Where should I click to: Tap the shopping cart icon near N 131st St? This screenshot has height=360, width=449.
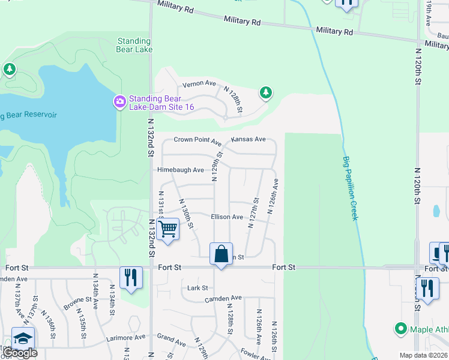168,229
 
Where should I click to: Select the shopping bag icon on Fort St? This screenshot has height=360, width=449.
221,254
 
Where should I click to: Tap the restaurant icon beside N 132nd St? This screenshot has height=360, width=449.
131,277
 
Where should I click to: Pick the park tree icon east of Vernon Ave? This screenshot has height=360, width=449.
265,92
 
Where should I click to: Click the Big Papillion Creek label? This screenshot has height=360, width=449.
351,188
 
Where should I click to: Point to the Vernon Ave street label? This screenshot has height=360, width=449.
199,83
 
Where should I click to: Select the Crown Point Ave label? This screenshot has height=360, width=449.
197,140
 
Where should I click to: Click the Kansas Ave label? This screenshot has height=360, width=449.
248,139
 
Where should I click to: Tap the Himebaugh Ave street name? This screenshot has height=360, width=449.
181,170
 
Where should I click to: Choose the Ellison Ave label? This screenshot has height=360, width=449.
226,217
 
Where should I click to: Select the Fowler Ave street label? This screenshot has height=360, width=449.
255,353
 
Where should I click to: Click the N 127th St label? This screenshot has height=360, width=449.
254,214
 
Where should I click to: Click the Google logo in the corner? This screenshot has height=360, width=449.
19,353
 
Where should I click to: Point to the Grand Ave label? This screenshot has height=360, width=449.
171,340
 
